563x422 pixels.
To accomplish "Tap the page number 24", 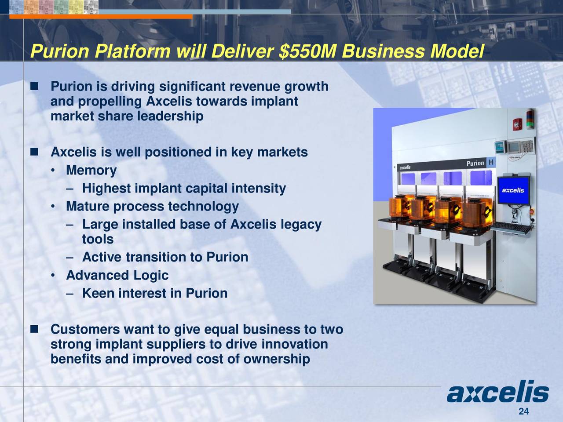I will click(523, 411).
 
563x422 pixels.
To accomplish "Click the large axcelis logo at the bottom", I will click(497, 393).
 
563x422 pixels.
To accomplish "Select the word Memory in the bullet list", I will click(91, 170).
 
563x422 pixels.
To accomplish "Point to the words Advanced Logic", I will click(117, 276).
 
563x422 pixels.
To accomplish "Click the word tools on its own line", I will click(98, 239).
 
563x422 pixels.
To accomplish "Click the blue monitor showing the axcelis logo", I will click(513, 190).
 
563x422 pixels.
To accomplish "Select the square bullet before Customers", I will click(34, 329).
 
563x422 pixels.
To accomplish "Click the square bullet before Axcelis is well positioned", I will click(34, 152).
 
